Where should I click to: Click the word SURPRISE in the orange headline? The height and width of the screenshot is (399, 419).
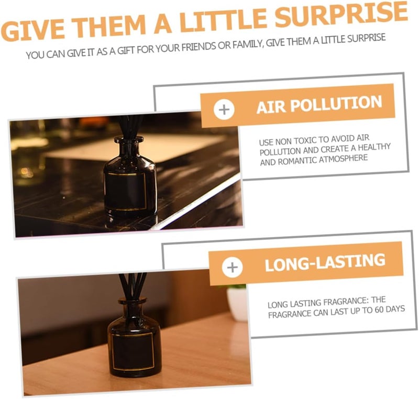click(x=341, y=14)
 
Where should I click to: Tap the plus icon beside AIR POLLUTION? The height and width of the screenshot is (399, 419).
click(x=224, y=109)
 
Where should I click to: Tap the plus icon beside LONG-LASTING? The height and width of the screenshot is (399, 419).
click(x=232, y=268)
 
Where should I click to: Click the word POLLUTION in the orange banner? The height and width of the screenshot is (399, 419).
click(x=336, y=104)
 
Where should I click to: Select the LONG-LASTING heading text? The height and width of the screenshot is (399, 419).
click(x=325, y=262)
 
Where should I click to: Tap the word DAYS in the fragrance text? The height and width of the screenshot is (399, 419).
click(x=396, y=309)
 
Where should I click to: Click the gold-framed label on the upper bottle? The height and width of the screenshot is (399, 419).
click(x=126, y=191)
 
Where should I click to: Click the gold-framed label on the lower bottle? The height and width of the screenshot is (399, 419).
click(x=134, y=351)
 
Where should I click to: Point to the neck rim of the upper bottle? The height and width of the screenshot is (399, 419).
click(x=129, y=139)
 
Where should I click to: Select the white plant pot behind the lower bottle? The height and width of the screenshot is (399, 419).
click(x=237, y=304)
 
